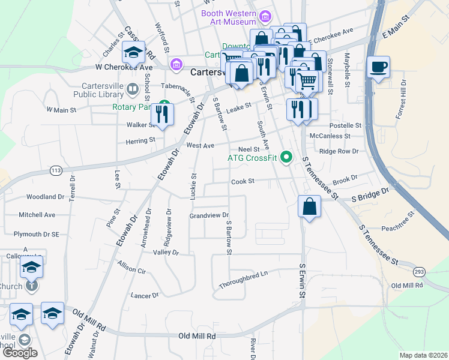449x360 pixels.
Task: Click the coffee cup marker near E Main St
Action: coord(378,67)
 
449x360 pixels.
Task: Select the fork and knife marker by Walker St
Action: coord(162,113)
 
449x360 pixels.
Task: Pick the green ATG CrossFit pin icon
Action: coord(286,158)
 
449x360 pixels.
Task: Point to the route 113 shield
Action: coord(56,170)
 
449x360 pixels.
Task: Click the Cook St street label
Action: coord(243,181)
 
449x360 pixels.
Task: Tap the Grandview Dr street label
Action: coord(209,215)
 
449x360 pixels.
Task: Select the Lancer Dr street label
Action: coord(145,295)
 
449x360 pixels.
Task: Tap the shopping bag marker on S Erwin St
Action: coord(309,206)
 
